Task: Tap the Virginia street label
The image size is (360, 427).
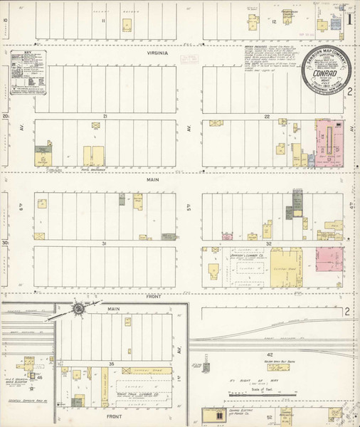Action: tap(158, 53)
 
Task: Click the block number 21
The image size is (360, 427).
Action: tap(104, 115)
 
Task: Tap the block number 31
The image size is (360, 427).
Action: tap(104, 243)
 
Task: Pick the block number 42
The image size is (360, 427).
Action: tap(270, 354)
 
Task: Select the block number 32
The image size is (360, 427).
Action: tap(270, 243)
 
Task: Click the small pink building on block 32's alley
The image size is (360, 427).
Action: tap(228, 236)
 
